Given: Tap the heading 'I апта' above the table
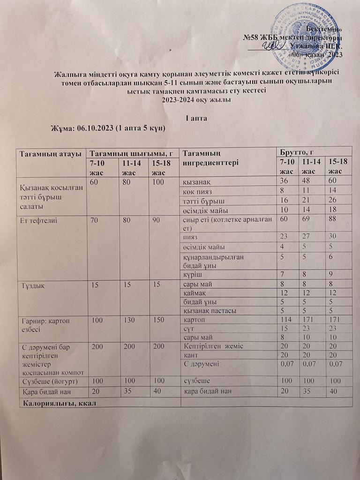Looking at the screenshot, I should click(x=196, y=118).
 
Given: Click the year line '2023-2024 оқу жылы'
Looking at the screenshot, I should click(x=196, y=99).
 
